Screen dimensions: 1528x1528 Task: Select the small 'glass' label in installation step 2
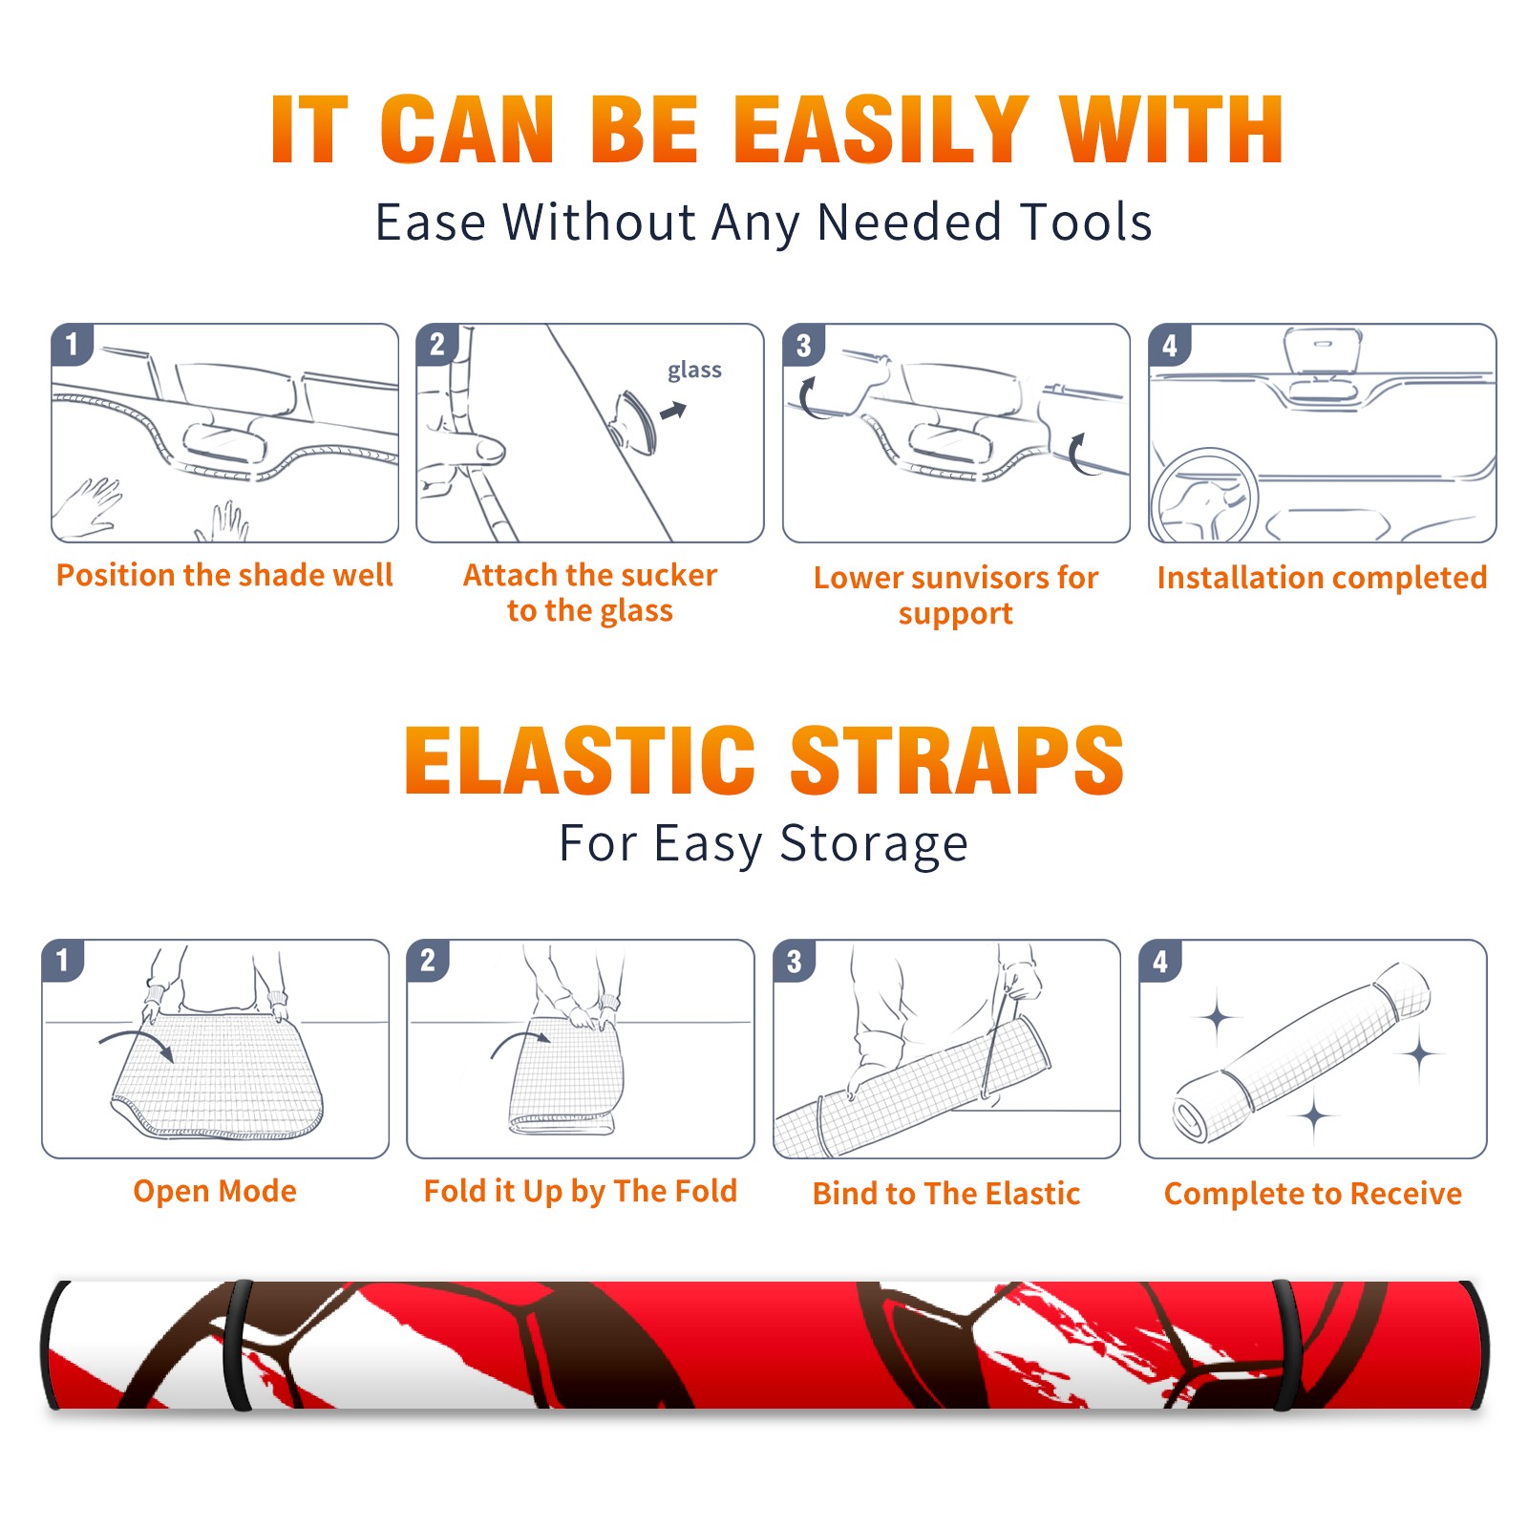[x=694, y=371]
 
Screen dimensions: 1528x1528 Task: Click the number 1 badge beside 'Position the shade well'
[x=72, y=344]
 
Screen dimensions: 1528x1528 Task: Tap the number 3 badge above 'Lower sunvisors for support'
[x=803, y=345]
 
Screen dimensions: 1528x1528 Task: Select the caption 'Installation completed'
[x=1322, y=578]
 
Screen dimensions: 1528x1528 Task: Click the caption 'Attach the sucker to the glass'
[x=590, y=592]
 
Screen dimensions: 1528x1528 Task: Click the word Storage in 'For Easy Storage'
[x=874, y=845]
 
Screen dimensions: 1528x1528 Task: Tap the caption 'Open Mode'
[x=215, y=1191]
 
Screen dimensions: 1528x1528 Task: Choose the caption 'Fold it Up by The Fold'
[x=581, y=1192]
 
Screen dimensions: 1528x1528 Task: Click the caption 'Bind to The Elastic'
[x=946, y=1194]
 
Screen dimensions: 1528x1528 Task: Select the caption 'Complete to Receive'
[x=1313, y=1194]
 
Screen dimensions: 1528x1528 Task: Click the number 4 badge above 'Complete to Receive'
[x=1160, y=961]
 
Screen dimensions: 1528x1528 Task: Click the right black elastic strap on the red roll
[x=1284, y=1345]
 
